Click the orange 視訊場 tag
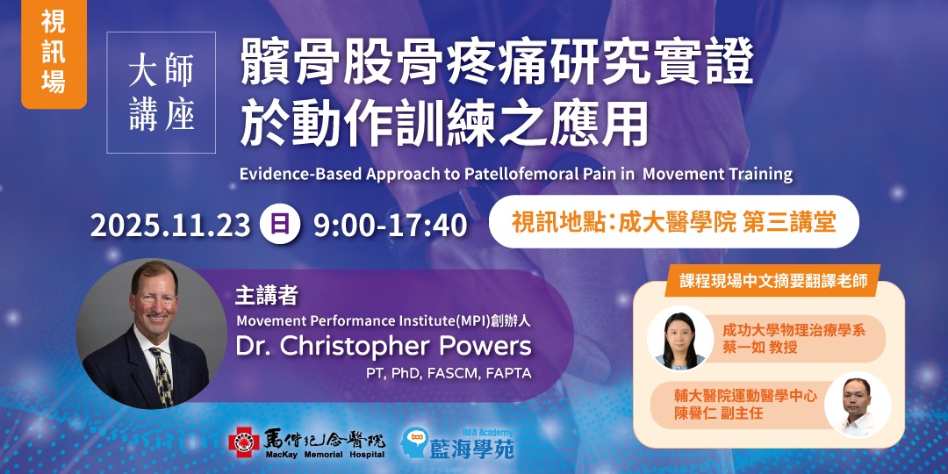pyautogui.click(x=54, y=54)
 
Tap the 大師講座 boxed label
pyautogui.click(x=161, y=93)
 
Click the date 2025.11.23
pyautogui.click(x=170, y=225)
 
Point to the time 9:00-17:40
pyautogui.click(x=390, y=225)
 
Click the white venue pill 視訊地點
pyautogui.click(x=673, y=221)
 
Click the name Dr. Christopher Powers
pyautogui.click(x=384, y=345)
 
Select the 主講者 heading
pyautogui.click(x=261, y=293)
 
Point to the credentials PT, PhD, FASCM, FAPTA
pyautogui.click(x=449, y=374)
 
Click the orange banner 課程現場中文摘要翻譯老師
pyautogui.click(x=772, y=282)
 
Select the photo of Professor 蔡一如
pyautogui.click(x=678, y=338)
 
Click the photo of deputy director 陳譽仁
pyautogui.click(x=858, y=405)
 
